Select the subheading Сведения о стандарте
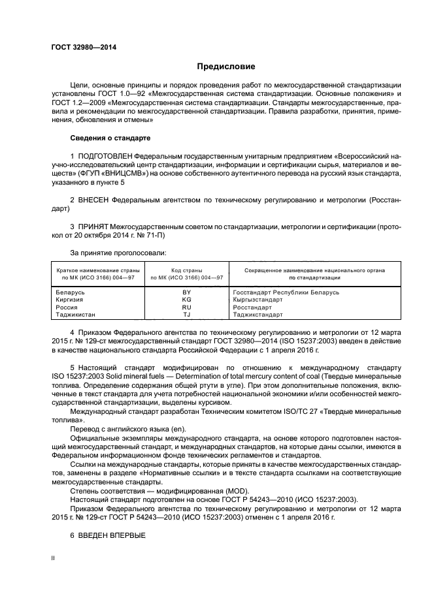110,138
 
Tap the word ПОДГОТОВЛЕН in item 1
105,157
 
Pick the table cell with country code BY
186,292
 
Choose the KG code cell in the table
186,300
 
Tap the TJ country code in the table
186,314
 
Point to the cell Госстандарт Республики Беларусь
286,292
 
